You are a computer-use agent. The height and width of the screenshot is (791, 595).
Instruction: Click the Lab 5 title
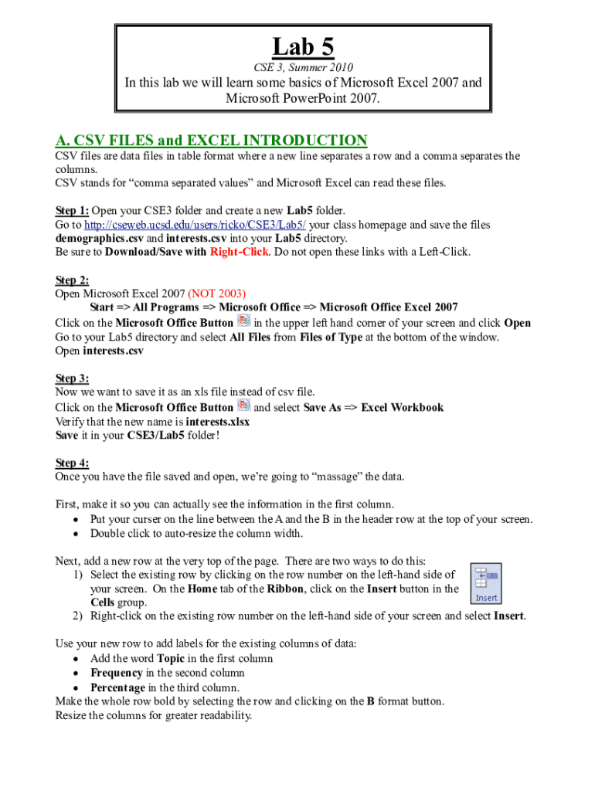coord(303,47)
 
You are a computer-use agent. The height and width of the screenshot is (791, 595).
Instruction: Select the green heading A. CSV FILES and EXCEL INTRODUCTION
coord(211,140)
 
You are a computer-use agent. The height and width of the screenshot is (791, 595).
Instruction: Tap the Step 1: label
coord(73,210)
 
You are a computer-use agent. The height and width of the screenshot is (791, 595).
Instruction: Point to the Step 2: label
coord(73,280)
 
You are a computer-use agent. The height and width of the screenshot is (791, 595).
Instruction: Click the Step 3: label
coord(73,379)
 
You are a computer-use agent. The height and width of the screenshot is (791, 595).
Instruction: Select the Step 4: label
coord(73,463)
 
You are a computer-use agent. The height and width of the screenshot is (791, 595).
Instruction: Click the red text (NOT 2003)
coord(216,294)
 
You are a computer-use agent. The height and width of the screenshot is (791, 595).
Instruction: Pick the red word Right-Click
coord(239,252)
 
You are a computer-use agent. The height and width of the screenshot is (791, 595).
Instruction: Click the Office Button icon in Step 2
coord(243,321)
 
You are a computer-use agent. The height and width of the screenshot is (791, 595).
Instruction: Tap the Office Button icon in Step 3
coord(243,406)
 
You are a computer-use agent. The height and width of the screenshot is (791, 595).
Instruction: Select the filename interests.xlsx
coord(218,422)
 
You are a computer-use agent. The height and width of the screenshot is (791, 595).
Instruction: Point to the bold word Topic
coord(172,659)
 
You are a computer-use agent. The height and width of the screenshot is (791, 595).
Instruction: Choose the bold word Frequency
coord(116,674)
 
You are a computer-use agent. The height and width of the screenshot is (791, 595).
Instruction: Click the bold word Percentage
coord(117,687)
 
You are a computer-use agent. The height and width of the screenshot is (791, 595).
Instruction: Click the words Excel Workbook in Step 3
coord(403,407)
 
